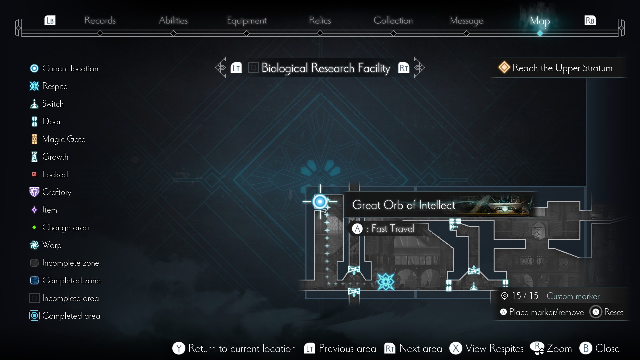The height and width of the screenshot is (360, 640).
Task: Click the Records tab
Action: tap(100, 21)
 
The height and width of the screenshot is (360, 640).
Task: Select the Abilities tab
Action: tap(173, 21)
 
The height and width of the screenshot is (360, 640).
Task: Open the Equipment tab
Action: tap(246, 21)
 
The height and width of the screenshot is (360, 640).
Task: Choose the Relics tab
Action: tap(320, 21)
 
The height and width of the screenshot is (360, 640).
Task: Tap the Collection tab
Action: tap(393, 21)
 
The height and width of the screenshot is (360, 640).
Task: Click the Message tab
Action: tap(466, 21)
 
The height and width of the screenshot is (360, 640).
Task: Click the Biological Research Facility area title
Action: tap(325, 68)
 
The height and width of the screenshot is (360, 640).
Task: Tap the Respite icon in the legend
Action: tap(34, 86)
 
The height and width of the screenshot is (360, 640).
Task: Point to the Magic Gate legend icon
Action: tap(34, 139)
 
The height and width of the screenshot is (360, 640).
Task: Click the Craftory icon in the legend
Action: tap(34, 192)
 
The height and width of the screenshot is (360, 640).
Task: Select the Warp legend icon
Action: tap(34, 245)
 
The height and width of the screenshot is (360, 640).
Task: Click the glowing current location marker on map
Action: tap(320, 202)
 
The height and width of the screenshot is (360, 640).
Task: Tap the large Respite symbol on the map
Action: tap(386, 282)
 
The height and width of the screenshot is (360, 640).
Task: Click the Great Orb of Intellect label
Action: tap(403, 205)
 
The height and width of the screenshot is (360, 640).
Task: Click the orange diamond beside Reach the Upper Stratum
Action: tap(504, 68)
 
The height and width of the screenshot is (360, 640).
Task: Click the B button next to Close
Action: tap(586, 348)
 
